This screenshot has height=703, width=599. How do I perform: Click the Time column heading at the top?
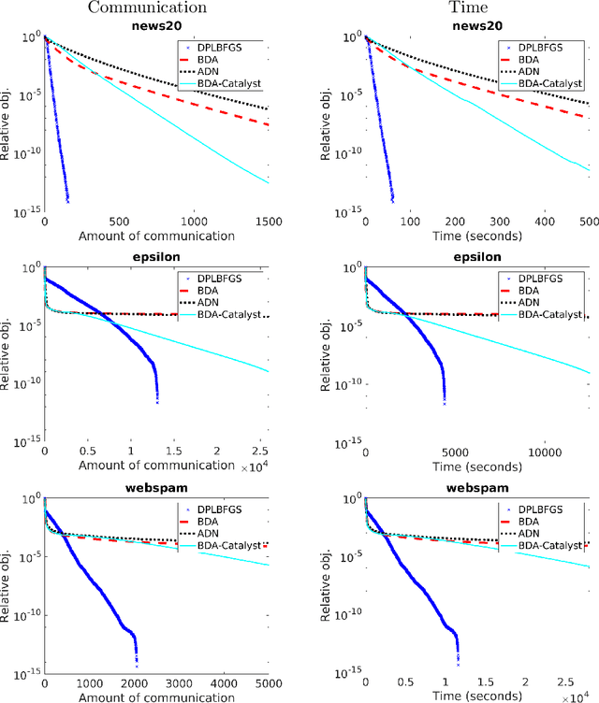click(478, 7)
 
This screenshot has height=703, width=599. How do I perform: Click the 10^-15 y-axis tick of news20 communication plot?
click(26, 211)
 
